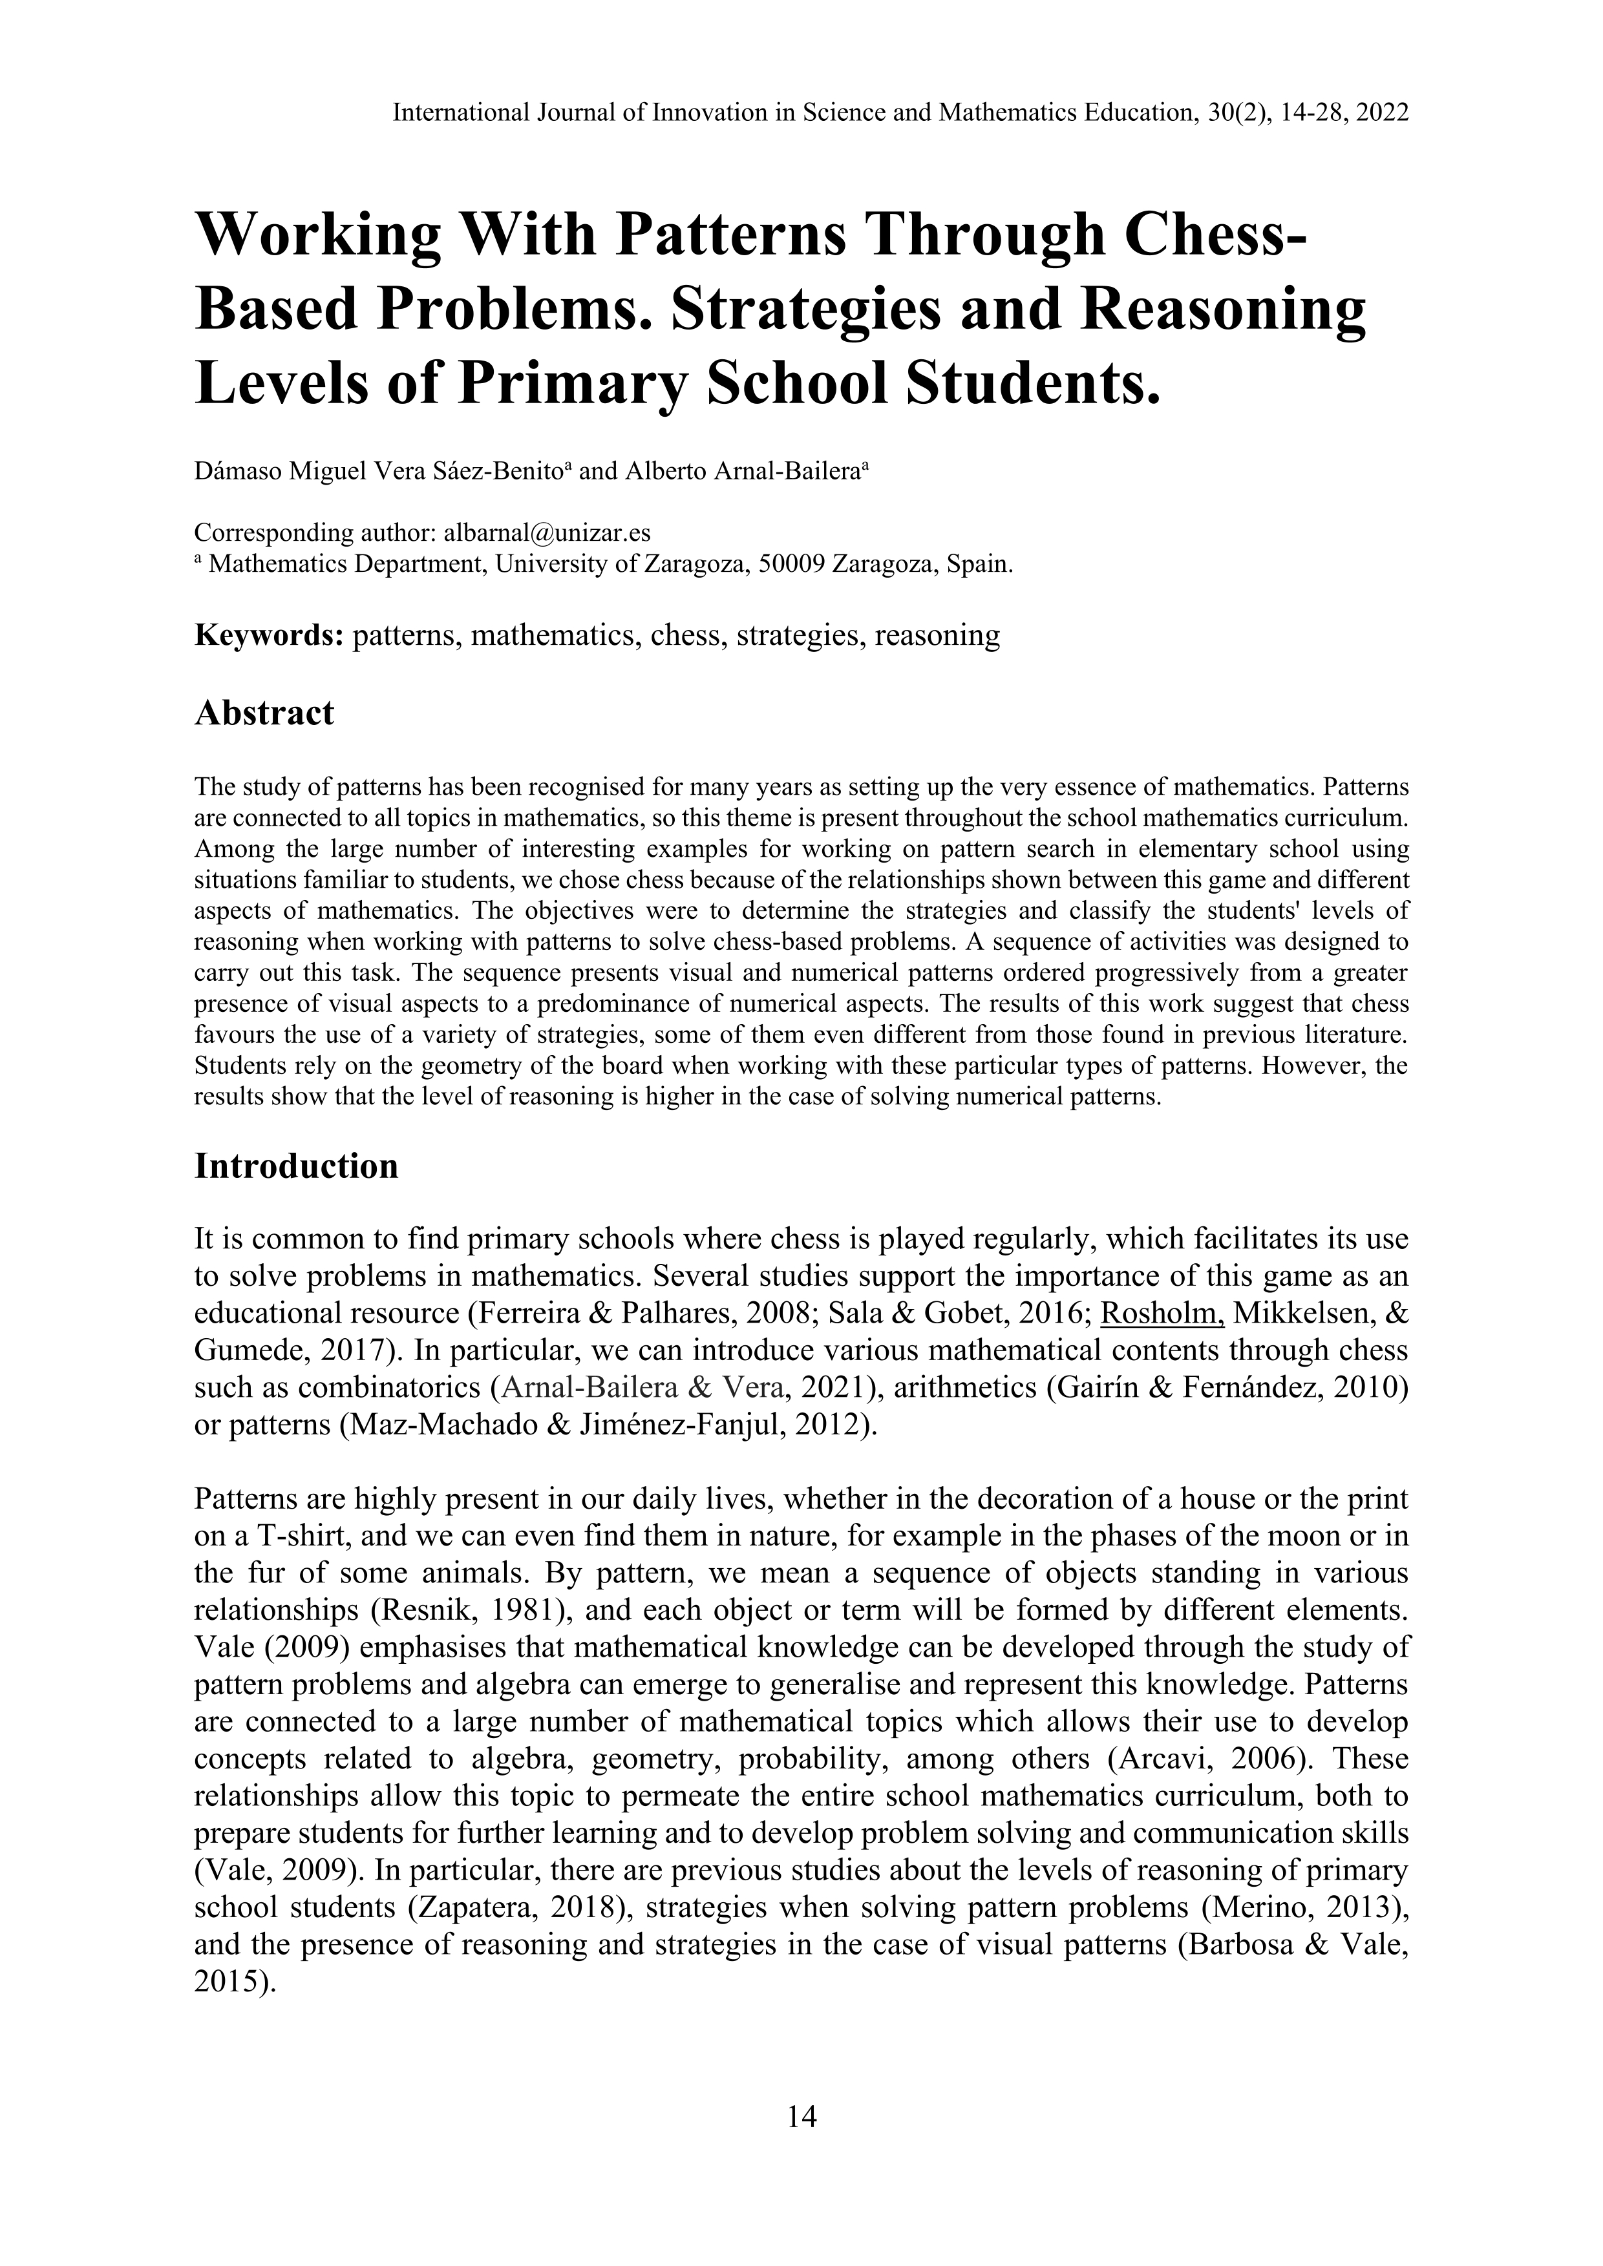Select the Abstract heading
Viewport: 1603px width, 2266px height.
tap(264, 713)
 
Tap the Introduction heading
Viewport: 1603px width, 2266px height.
tap(296, 1166)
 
